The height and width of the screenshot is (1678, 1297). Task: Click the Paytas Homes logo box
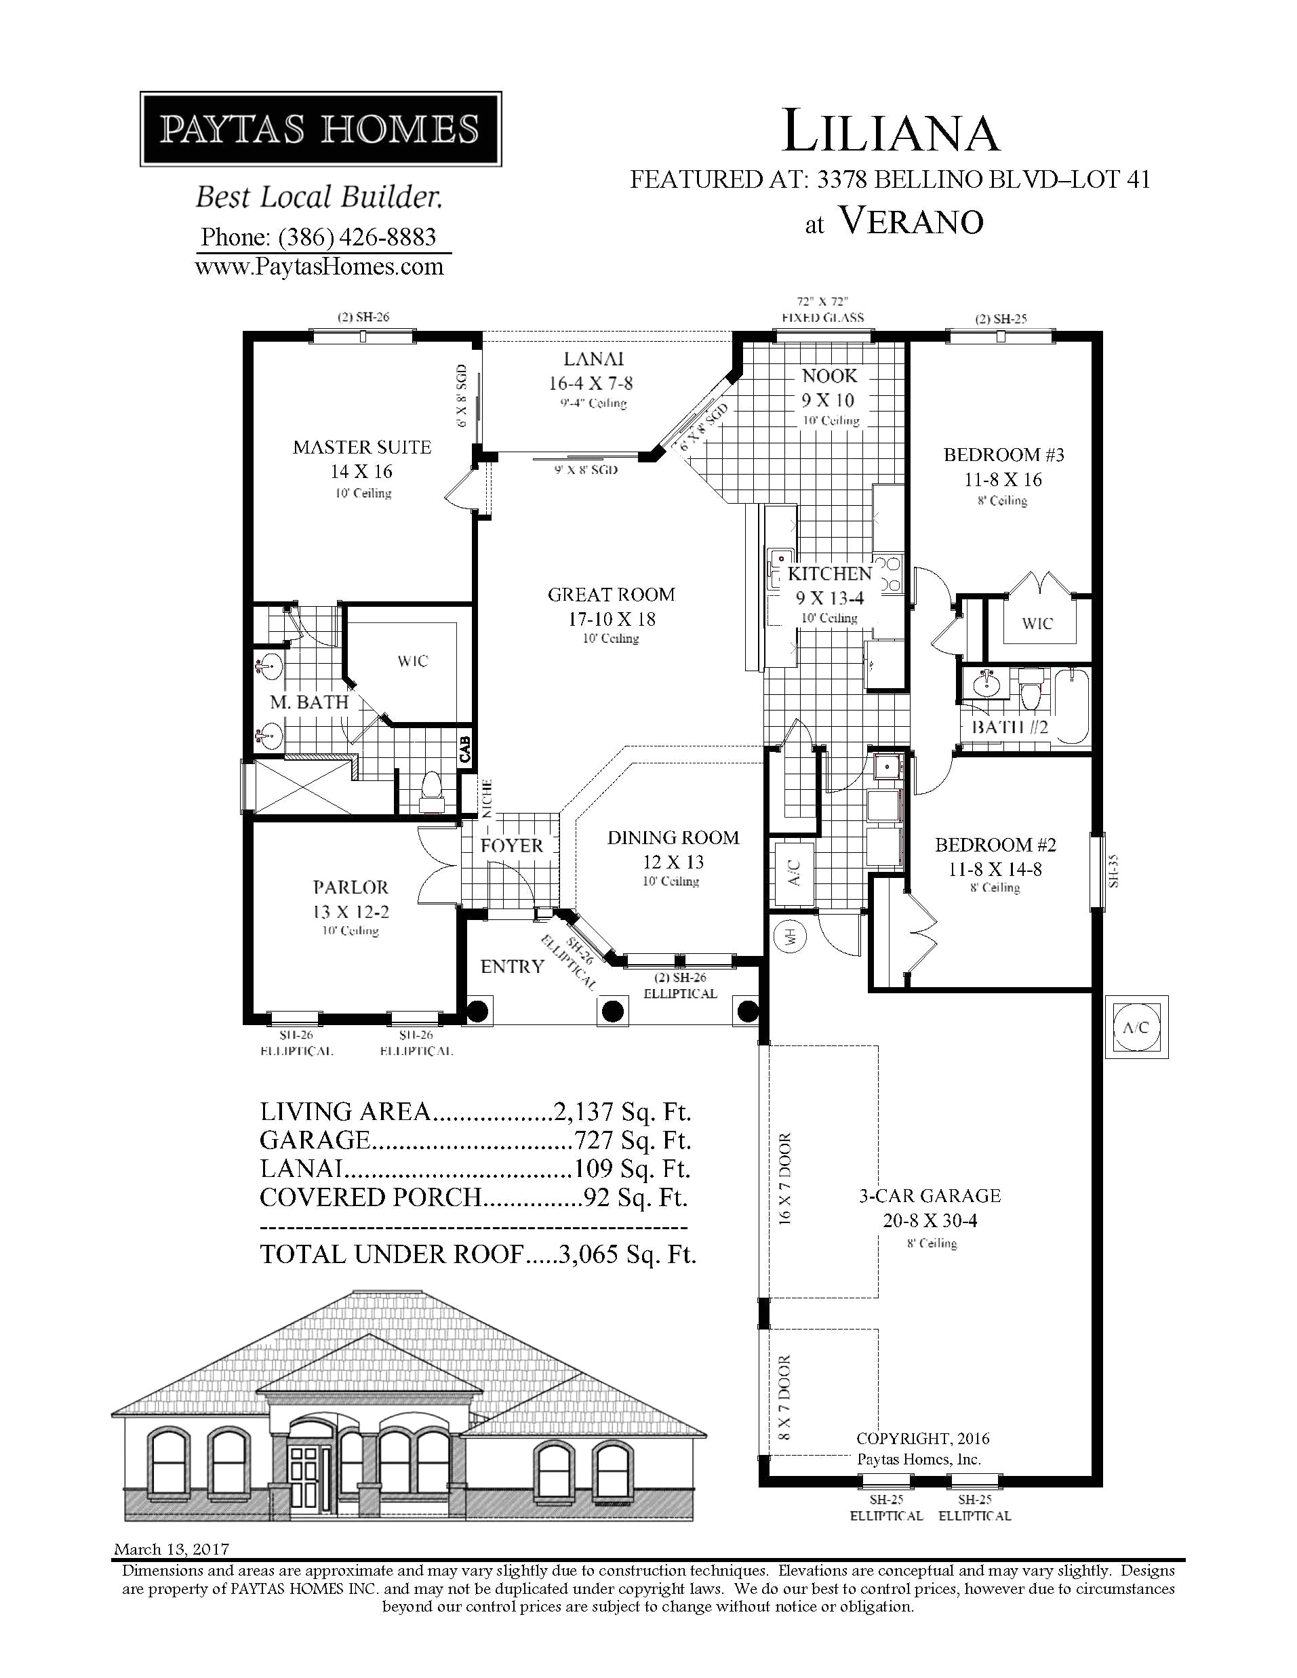[321, 128]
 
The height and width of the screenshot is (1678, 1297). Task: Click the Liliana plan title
[890, 132]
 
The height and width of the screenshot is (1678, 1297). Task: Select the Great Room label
[612, 595]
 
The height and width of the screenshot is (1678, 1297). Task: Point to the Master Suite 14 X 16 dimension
[362, 472]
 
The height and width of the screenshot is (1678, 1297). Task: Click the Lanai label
[593, 359]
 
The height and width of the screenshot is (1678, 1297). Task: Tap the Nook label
[829, 376]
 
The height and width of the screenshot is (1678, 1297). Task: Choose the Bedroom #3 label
[1003, 455]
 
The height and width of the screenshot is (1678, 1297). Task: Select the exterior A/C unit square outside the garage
[1136, 1027]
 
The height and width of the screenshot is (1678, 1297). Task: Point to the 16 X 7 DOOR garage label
[785, 1178]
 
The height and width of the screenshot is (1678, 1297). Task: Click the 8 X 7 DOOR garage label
[785, 1397]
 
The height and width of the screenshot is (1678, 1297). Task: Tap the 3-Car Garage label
[930, 1195]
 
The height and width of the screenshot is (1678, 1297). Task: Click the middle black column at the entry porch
[612, 1011]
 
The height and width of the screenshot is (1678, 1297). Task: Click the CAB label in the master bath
[465, 750]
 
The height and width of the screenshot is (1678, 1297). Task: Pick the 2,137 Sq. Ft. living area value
[622, 1112]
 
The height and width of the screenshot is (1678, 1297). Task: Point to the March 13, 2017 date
[171, 1550]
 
